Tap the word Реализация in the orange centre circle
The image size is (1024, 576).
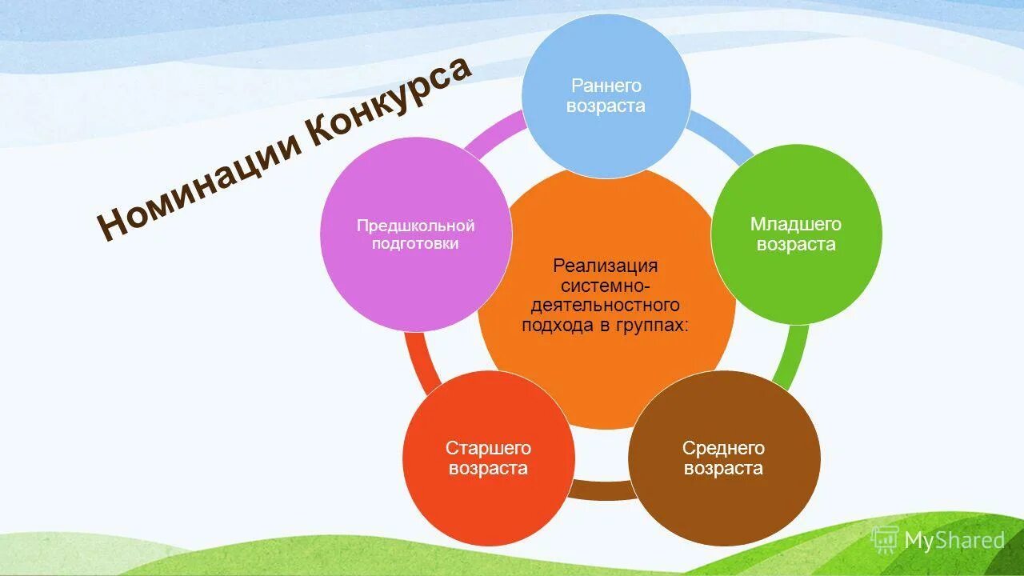[606, 265]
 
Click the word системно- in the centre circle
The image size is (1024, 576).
[606, 285]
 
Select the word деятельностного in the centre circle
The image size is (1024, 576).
[606, 305]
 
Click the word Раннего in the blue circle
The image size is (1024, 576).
[606, 86]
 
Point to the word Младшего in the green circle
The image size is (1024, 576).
[796, 224]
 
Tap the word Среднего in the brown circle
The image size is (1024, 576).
[724, 448]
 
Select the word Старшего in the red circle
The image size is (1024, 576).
[488, 449]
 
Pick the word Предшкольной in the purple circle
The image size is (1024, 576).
[415, 226]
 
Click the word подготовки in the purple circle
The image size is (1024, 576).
[415, 244]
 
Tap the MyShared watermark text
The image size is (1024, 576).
[954, 540]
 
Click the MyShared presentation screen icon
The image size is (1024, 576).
[884, 539]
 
